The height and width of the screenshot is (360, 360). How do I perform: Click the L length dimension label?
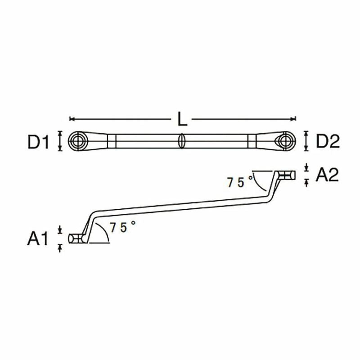pos(182,119)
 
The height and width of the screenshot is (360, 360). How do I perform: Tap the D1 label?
pos(39,142)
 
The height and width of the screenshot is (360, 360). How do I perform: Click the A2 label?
pos(327,175)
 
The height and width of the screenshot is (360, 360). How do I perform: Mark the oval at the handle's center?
pos(182,141)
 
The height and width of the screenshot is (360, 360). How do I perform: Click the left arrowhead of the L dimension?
pos(71,119)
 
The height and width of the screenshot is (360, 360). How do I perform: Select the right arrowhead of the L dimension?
pos(294,119)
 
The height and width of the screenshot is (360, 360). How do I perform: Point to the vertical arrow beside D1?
pos(59,141)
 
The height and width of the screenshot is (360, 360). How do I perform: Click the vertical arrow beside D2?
pos(306,141)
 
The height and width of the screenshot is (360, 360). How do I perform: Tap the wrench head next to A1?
pos(76,238)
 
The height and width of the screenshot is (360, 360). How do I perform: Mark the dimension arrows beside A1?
pos(59,238)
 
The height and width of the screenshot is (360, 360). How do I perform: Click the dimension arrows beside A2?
pos(306,175)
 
